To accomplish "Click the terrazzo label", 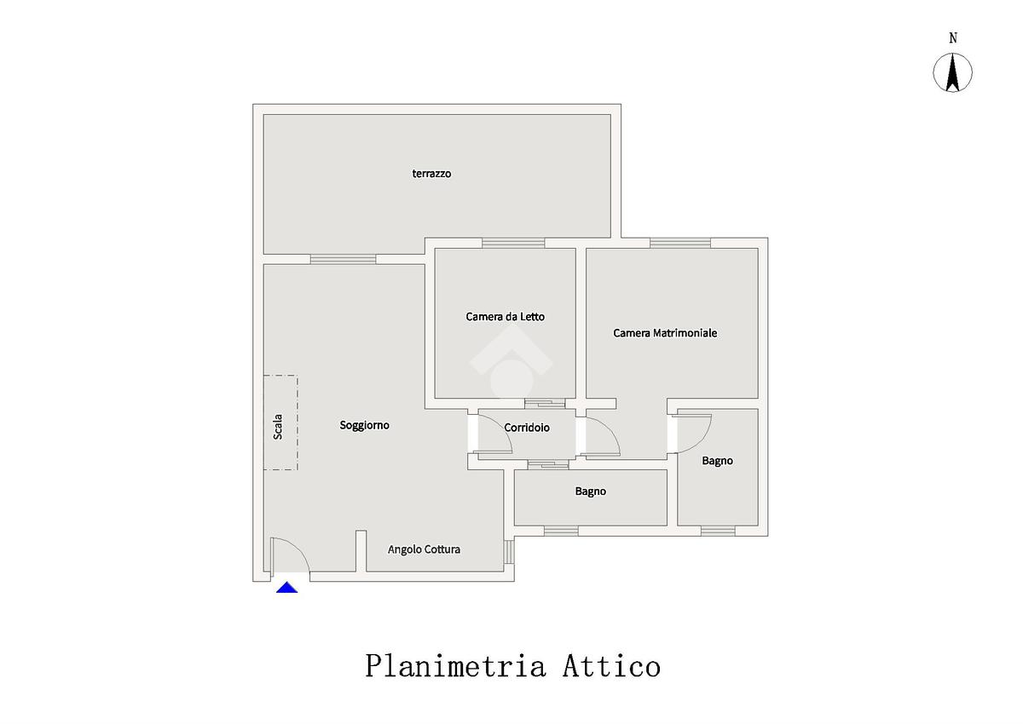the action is click(431, 174).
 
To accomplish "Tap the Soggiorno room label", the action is click(364, 425).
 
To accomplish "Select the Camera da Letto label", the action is click(505, 317).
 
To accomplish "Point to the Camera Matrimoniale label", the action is click(665, 333).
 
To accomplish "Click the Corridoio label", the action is click(526, 428).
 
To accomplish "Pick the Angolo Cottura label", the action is click(424, 549).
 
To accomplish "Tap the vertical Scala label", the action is click(278, 426).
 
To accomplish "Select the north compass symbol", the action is click(953, 72).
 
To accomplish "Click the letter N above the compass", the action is click(953, 37).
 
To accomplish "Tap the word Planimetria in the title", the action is click(455, 665).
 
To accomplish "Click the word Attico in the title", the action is click(610, 665).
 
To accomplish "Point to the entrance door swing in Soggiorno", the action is click(290, 555).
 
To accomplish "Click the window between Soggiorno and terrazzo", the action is click(343, 259).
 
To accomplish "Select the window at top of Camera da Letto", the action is click(512, 243).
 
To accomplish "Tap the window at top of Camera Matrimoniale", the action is click(679, 243).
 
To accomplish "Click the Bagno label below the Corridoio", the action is click(590, 491).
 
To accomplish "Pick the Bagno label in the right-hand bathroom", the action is click(717, 461).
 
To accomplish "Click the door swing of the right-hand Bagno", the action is click(692, 431).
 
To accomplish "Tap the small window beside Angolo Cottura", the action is click(509, 552).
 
